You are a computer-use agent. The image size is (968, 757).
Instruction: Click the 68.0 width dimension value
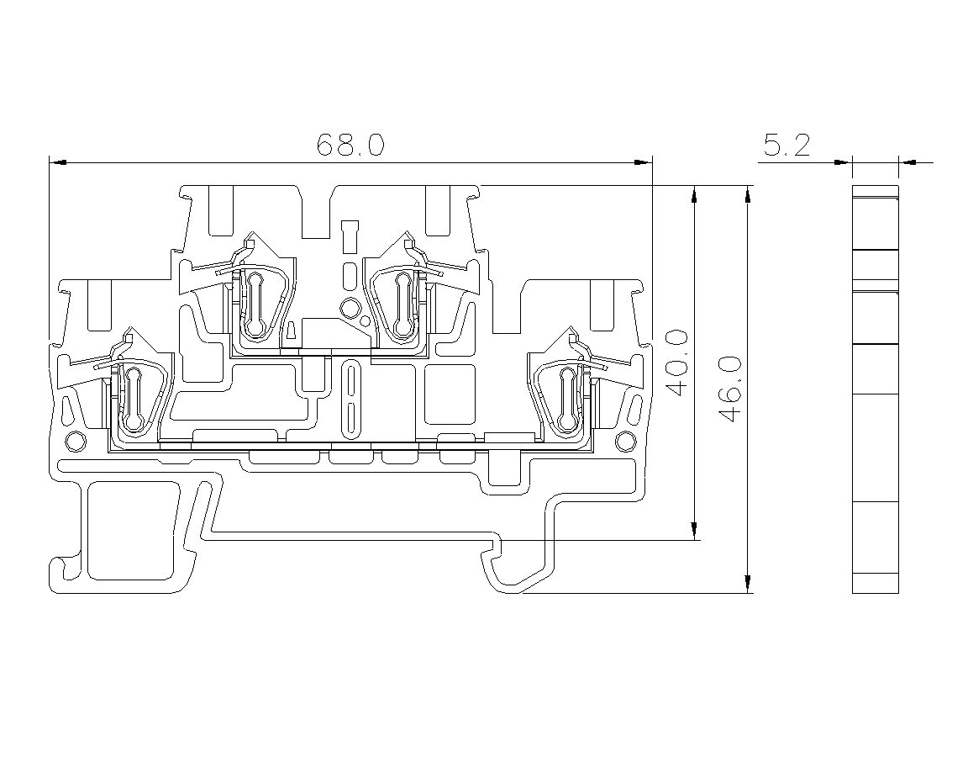click(x=350, y=146)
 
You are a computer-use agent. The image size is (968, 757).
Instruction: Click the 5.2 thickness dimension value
click(x=786, y=146)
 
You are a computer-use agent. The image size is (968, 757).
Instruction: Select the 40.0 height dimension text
click(x=677, y=363)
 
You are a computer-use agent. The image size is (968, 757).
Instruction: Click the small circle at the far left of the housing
click(x=75, y=442)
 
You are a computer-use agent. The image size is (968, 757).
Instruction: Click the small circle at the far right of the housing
click(x=625, y=441)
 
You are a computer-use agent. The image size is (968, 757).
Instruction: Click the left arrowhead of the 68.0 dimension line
click(x=57, y=162)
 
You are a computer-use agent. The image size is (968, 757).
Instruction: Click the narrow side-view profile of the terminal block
click(x=875, y=389)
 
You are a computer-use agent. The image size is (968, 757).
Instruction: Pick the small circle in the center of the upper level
click(x=350, y=306)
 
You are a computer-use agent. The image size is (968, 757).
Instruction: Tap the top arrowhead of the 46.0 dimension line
click(x=748, y=194)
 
